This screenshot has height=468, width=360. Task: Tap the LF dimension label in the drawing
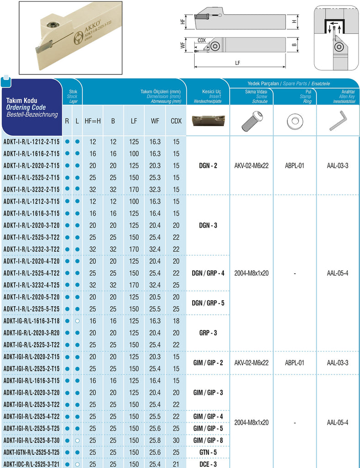click(x=238, y=64)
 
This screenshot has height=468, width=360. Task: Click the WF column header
click(x=155, y=121)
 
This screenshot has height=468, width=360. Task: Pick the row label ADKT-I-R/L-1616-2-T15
click(x=32, y=154)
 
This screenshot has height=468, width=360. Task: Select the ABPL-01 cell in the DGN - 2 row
click(x=295, y=165)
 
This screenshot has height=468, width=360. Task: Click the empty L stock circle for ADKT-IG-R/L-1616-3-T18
click(x=77, y=321)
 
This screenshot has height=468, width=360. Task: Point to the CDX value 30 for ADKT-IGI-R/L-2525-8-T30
click(x=176, y=440)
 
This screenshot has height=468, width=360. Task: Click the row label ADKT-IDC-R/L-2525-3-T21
click(x=32, y=463)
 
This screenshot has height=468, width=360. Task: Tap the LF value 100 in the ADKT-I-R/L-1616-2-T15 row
click(x=134, y=154)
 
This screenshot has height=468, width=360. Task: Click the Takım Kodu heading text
click(x=21, y=101)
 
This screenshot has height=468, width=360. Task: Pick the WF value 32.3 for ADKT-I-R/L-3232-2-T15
click(x=155, y=189)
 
